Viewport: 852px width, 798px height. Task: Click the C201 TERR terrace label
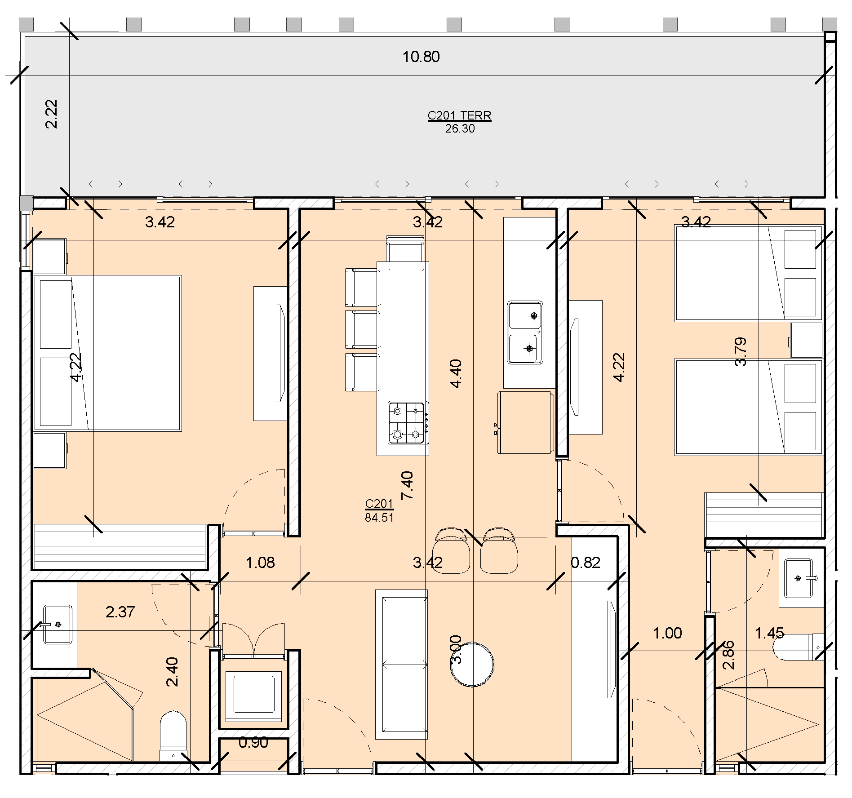459,115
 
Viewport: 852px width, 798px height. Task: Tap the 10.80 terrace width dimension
421,57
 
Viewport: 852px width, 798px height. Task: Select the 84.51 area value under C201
379,518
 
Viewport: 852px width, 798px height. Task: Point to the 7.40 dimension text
407,486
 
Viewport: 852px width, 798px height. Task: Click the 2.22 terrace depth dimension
52,114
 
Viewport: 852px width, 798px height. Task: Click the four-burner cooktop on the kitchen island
408,423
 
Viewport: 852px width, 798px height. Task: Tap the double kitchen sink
525,332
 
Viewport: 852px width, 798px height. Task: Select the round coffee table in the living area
472,665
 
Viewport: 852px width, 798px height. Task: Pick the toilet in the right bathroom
799,647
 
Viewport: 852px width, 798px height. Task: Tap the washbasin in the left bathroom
58,625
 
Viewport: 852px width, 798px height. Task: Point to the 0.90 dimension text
253,743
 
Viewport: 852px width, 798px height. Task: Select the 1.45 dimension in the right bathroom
770,633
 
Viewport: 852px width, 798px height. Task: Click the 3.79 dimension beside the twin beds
741,352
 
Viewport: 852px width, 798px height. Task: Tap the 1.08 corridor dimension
260,562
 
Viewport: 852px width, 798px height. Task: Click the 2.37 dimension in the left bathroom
120,612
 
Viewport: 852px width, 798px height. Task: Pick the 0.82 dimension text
586,562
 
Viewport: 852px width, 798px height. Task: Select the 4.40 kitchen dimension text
456,374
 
